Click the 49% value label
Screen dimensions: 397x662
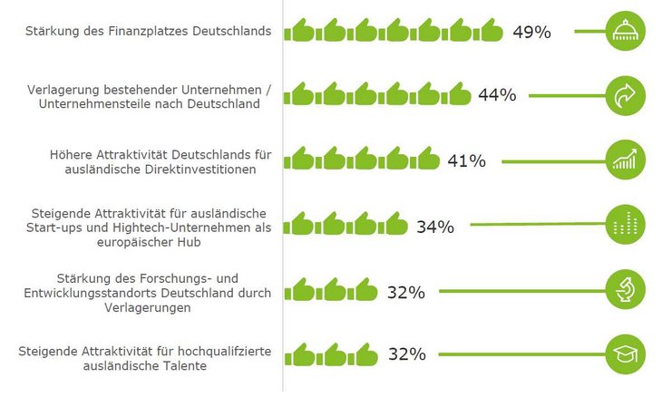[x=531, y=32]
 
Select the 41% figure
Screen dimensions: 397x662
[x=466, y=161]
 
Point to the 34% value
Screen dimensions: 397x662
[x=434, y=226]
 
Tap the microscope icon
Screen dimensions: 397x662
[x=626, y=290]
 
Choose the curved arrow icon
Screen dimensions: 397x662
[x=626, y=95]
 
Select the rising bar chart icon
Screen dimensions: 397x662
[x=626, y=160]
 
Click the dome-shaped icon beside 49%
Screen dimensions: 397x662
[x=626, y=32]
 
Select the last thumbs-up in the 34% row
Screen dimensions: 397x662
[x=394, y=225]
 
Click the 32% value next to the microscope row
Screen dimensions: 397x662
[x=405, y=292]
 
